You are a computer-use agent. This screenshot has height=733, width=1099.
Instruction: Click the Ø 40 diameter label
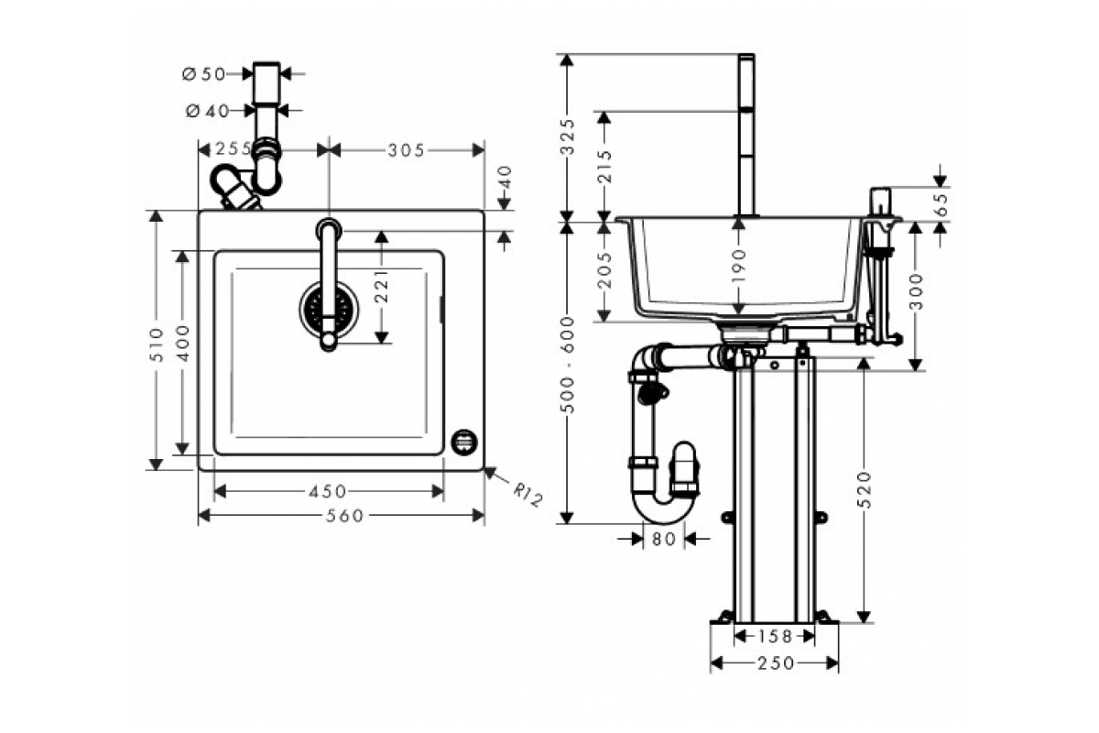tap(206, 111)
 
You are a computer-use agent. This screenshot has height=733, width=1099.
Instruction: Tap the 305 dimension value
tap(407, 150)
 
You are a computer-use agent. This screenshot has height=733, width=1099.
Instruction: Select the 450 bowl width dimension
tap(327, 492)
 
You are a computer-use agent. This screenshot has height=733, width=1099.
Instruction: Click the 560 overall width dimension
tap(345, 516)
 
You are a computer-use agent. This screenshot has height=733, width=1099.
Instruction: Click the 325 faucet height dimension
tap(568, 136)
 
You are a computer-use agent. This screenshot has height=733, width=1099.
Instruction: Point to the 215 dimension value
tap(604, 167)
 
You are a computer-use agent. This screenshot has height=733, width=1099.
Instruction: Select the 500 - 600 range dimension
tap(568, 364)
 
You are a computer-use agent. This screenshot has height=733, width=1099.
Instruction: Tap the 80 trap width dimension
tap(664, 540)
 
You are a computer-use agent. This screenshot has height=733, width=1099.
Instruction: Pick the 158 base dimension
tap(775, 636)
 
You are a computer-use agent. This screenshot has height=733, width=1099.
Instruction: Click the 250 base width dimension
tap(775, 663)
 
